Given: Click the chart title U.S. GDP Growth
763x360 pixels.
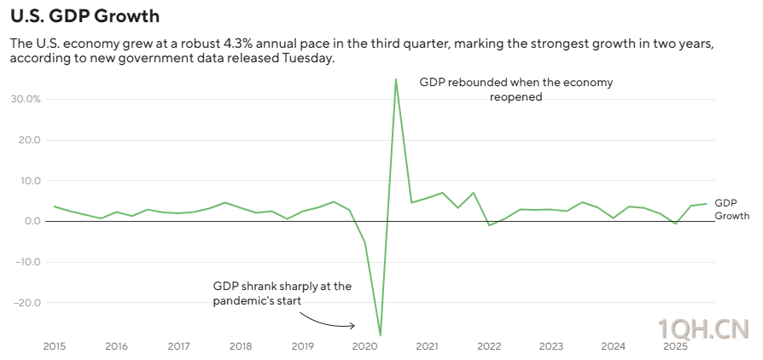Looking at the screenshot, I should pyautogui.click(x=84, y=16).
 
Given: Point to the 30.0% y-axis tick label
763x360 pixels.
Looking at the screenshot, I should pyautogui.click(x=26, y=99).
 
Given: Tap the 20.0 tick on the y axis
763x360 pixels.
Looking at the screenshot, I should pyautogui.click(x=28, y=140).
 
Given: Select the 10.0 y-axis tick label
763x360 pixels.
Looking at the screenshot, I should pyautogui.click(x=28, y=181).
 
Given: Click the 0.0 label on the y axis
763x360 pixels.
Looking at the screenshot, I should pyautogui.click(x=32, y=221).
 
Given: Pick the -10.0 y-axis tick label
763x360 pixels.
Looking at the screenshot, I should pyautogui.click(x=26, y=262).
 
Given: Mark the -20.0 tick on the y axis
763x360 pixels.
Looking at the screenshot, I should pyautogui.click(x=26, y=303).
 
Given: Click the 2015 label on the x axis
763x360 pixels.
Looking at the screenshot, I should pyautogui.click(x=55, y=346).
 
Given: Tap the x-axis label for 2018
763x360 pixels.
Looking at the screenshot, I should pyautogui.click(x=241, y=346).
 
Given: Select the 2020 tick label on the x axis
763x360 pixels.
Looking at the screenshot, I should pyautogui.click(x=364, y=346).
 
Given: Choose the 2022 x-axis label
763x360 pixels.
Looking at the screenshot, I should pyautogui.click(x=489, y=346).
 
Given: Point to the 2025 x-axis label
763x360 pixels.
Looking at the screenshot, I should pyautogui.click(x=675, y=346).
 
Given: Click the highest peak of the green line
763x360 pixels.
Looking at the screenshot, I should pyautogui.click(x=396, y=79).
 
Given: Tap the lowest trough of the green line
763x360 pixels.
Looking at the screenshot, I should pyautogui.click(x=380, y=334).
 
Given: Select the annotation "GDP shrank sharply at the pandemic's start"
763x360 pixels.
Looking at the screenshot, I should pyautogui.click(x=282, y=293).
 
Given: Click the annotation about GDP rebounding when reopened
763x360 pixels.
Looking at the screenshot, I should pyautogui.click(x=515, y=90).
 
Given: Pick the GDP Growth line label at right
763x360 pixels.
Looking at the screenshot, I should pyautogui.click(x=731, y=210).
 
